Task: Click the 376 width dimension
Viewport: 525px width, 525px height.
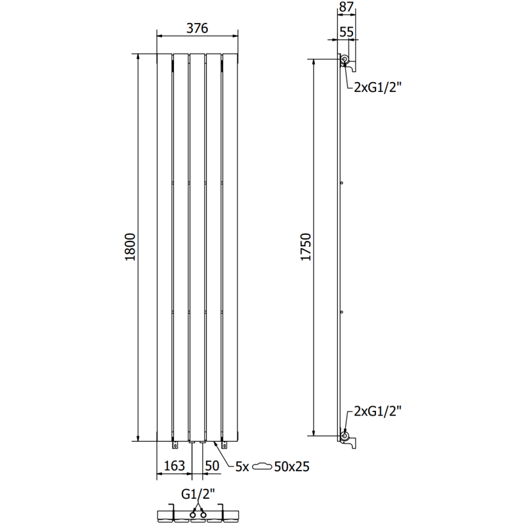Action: pyautogui.click(x=198, y=28)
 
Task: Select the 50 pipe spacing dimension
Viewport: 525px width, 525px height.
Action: pyautogui.click(x=211, y=466)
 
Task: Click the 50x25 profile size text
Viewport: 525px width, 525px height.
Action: pyautogui.click(x=292, y=467)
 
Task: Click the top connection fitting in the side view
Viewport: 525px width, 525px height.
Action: pyautogui.click(x=345, y=60)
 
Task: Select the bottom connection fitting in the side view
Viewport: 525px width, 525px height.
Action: pyautogui.click(x=345, y=436)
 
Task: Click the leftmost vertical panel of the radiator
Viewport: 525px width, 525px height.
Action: pyautogui.click(x=164, y=247)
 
